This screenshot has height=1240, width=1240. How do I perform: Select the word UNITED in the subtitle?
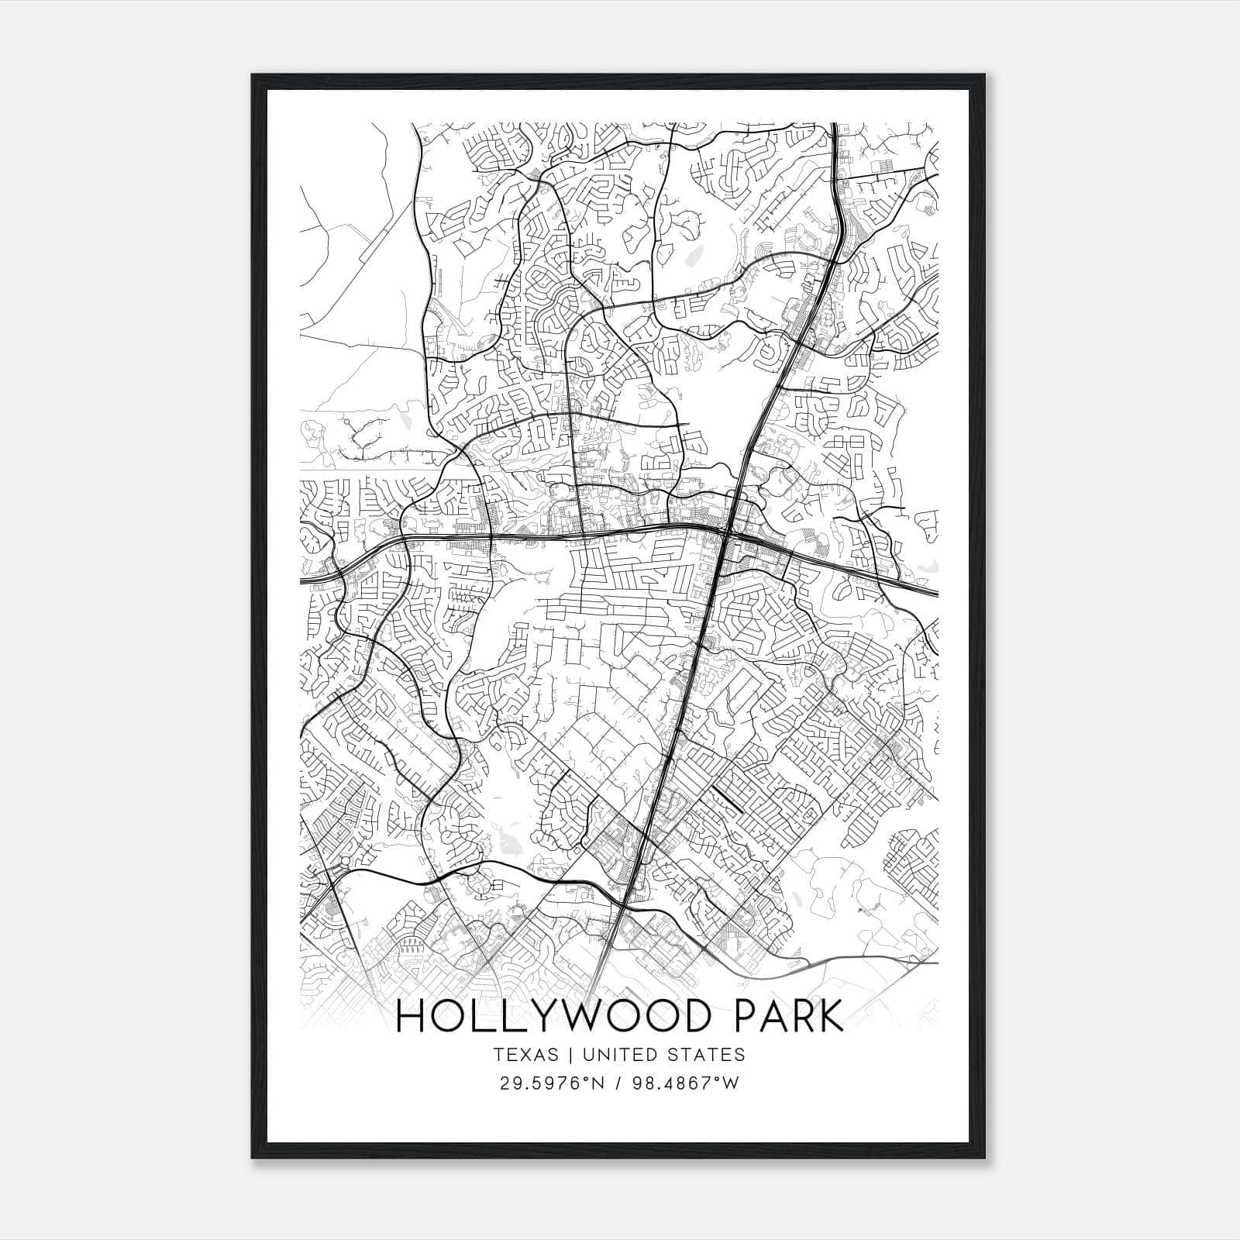click(617, 1055)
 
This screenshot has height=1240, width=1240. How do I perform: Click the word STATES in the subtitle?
click(709, 1055)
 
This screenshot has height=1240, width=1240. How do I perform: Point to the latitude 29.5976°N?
click(550, 1083)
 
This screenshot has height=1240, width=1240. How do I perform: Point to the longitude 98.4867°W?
click(683, 1083)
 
